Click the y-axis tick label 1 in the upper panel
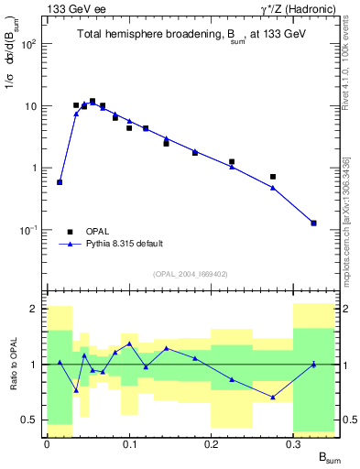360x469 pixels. pos(34,169)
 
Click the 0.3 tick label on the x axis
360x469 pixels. pos(293,443)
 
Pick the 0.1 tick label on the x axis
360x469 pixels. pos(128,443)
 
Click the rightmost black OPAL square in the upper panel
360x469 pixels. pos(313,223)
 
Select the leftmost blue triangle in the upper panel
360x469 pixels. pos(60,182)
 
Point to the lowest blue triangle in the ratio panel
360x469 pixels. pos(273,397)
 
